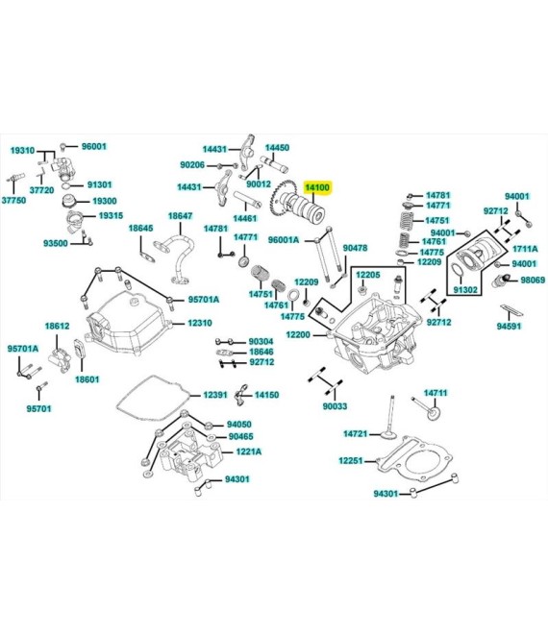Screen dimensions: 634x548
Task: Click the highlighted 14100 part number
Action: (x=318, y=188)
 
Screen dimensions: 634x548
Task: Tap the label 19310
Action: (x=22, y=151)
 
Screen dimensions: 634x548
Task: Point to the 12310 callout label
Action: (x=200, y=324)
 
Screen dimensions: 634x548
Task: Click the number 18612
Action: (x=57, y=327)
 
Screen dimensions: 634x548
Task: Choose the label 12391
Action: (x=215, y=395)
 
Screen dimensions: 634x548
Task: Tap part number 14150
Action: (x=266, y=395)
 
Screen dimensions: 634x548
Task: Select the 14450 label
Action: (x=277, y=148)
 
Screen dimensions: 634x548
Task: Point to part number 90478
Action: (x=356, y=248)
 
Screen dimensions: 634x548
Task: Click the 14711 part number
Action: (x=436, y=393)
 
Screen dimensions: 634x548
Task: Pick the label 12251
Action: (x=350, y=461)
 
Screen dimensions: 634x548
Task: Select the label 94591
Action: (x=510, y=327)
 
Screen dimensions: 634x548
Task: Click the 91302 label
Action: (x=465, y=289)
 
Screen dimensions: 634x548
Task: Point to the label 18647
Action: (x=180, y=216)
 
